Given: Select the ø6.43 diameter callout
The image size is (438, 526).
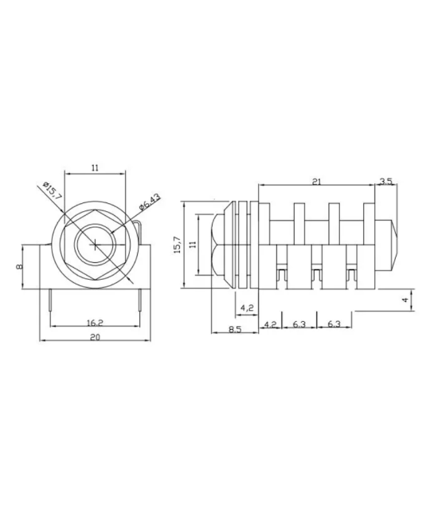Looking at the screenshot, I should tap(149, 200).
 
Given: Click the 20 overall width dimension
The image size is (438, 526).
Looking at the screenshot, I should tap(95, 337).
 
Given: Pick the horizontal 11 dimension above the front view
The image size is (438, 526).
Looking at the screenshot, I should tap(95, 167).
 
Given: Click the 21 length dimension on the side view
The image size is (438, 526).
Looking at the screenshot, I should tap(316, 182).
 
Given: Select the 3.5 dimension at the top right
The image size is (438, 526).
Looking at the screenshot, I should tap(386, 182).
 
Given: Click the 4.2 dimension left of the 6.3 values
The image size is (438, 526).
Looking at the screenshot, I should tap(270, 324).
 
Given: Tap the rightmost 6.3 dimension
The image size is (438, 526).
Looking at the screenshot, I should tap(334, 324).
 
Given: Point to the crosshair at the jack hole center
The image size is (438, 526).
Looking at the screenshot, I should tap(95, 245).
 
